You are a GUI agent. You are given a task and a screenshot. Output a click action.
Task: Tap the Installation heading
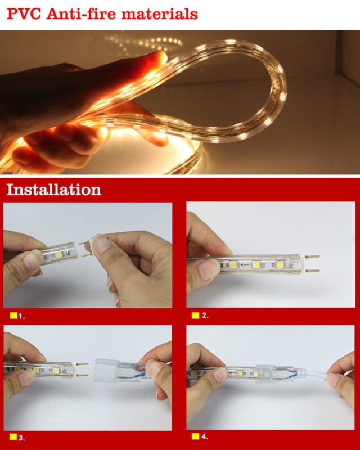coord(53,190)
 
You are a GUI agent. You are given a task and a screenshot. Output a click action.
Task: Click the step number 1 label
coord(21,317)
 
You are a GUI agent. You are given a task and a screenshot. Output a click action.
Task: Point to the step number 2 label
coord(205,316)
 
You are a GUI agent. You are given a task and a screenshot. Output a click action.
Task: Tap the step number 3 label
coord(21,438)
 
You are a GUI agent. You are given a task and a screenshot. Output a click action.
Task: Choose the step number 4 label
coord(205,436)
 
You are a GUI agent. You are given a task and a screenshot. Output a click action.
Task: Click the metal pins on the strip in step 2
coord(312,264)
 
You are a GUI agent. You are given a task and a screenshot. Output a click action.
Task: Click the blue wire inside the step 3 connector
coord(138,371)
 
